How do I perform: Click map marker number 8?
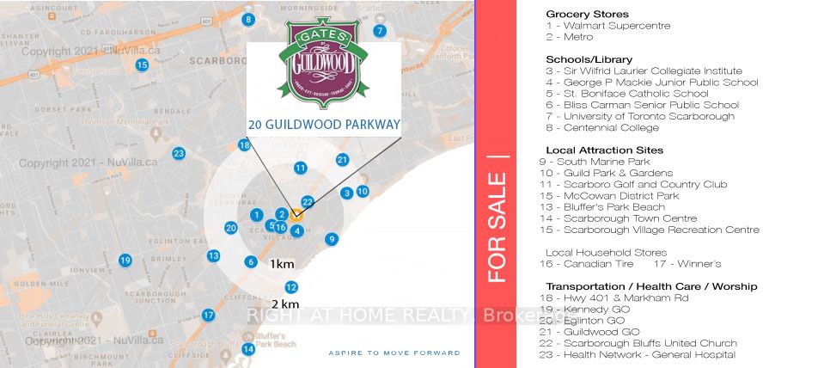[248, 19]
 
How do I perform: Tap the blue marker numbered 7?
[379, 31]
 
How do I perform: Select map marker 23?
[178, 154]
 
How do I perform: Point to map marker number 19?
[125, 261]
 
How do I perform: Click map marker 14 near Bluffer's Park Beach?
[248, 349]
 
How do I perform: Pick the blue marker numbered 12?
[291, 287]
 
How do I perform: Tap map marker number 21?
[342, 160]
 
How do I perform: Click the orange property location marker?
[295, 215]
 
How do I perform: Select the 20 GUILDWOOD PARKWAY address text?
[324, 124]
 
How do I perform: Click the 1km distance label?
[282, 264]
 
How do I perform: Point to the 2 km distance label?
[285, 304]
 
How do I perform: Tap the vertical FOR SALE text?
[496, 228]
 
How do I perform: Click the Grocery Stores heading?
[587, 15]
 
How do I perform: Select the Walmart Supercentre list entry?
[607, 26]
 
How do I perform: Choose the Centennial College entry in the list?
[602, 128]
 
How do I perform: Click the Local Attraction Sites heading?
[604, 150]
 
